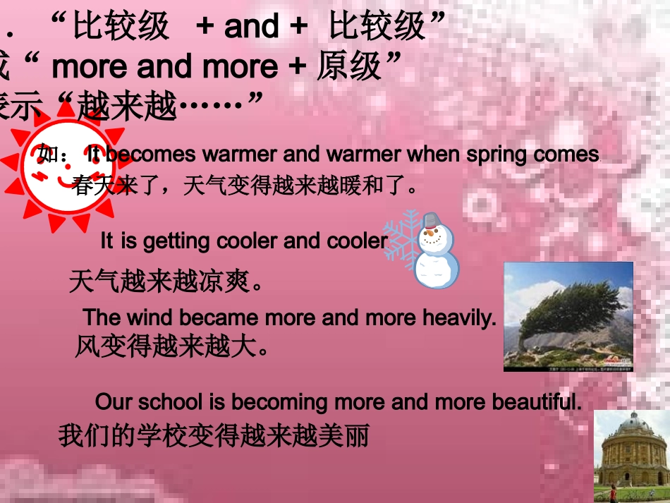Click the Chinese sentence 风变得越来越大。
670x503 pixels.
coord(172,346)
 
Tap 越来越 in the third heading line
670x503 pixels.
coord(127,107)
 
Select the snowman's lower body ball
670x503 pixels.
coord(436,269)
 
